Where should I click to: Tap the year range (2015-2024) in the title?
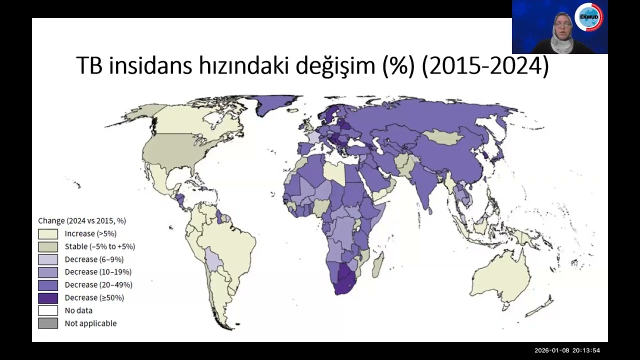coord(485,66)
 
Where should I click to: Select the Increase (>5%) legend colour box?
coord(48,233)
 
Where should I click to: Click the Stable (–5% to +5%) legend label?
coord(100,246)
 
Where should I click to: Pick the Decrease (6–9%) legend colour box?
coord(48,259)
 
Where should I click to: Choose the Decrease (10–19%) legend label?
coord(98,272)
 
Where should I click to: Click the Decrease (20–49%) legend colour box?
coord(48,285)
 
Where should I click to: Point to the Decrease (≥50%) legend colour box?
coord(48,298)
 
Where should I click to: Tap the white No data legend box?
coord(48,310)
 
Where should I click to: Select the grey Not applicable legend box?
coord(48,323)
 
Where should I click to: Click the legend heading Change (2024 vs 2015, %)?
coord(82,220)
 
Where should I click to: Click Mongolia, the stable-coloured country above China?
coord(444,136)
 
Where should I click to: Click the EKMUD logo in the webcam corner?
coord(589,17)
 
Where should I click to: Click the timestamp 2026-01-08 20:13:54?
coord(567,350)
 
